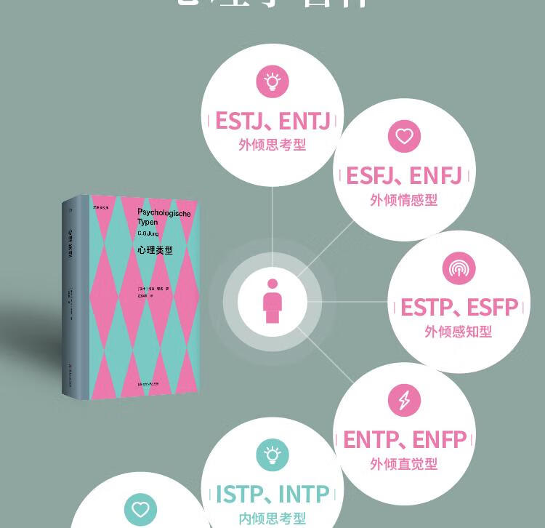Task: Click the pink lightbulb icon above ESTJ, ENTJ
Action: [x=272, y=81]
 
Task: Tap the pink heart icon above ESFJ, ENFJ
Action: [x=404, y=136]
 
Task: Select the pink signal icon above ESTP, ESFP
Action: [x=459, y=269]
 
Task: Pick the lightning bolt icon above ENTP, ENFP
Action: [x=404, y=400]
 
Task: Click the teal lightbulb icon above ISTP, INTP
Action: [x=272, y=456]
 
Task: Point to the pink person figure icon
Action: [x=272, y=301]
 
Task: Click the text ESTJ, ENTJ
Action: [x=273, y=120]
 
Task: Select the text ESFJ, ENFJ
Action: [x=404, y=176]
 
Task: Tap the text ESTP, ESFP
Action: [x=459, y=308]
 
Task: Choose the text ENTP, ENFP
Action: [x=405, y=439]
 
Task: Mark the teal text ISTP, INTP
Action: [x=273, y=495]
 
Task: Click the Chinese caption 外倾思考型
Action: [x=272, y=145]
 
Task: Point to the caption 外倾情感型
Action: [x=404, y=200]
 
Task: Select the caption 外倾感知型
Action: [x=459, y=332]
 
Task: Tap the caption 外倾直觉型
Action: [x=404, y=463]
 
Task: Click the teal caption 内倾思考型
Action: [x=272, y=519]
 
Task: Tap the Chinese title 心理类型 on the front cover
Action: [x=154, y=250]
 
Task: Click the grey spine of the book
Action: [x=73, y=298]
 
